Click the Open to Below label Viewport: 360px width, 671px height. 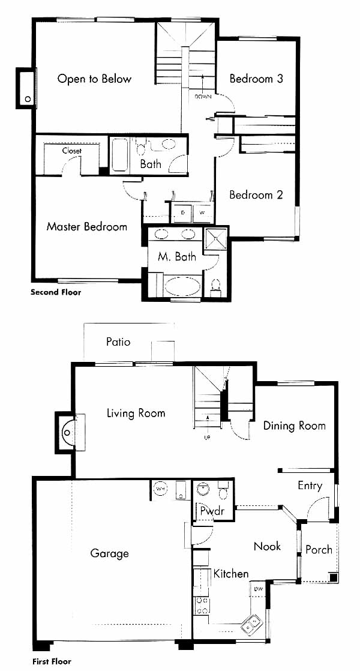point(94,79)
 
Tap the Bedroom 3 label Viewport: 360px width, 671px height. point(256,79)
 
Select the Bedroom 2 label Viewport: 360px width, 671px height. point(256,195)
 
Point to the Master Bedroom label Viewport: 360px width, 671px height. point(87,226)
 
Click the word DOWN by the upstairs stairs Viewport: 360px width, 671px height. point(203,97)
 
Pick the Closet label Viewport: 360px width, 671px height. point(72,151)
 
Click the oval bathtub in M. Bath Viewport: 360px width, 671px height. point(182,286)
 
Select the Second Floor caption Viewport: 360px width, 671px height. point(56,293)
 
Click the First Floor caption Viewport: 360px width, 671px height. point(52,661)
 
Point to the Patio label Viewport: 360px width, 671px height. point(118,342)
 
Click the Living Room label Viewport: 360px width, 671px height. point(136,414)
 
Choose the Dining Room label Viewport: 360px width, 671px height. point(294,426)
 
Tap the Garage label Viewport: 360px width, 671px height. point(109,554)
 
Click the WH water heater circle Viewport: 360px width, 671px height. point(160,489)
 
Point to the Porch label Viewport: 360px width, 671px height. point(319,550)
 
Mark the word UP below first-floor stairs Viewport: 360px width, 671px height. point(208,438)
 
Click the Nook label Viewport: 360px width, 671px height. point(267,547)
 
